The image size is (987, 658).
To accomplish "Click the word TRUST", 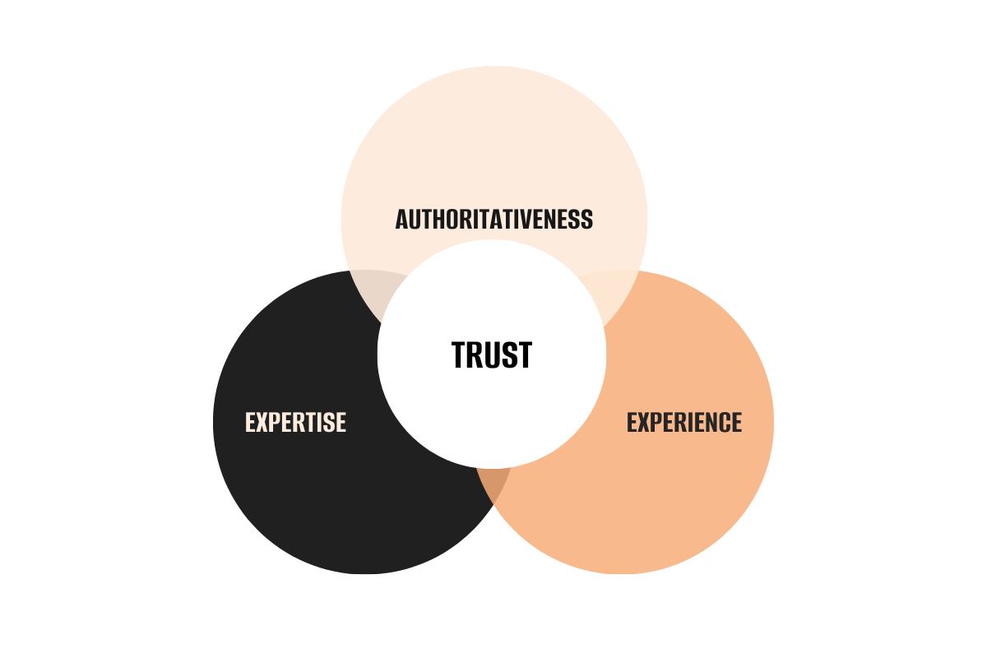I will [492, 354].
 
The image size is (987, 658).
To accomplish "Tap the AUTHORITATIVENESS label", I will [493, 220].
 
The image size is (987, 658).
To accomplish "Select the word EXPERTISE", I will [295, 422].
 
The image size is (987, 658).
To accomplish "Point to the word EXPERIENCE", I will [683, 422].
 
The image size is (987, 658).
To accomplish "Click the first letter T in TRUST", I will [459, 354].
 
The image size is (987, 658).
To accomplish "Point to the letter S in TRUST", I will [508, 354].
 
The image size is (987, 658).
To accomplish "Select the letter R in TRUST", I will [475, 354].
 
